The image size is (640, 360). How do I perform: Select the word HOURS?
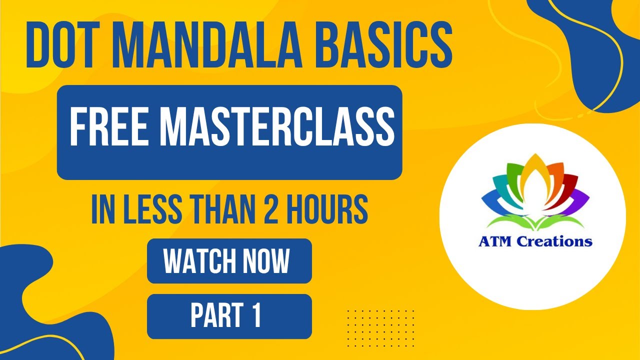tap(328, 210)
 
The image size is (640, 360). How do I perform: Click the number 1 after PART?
tap(256, 316)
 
